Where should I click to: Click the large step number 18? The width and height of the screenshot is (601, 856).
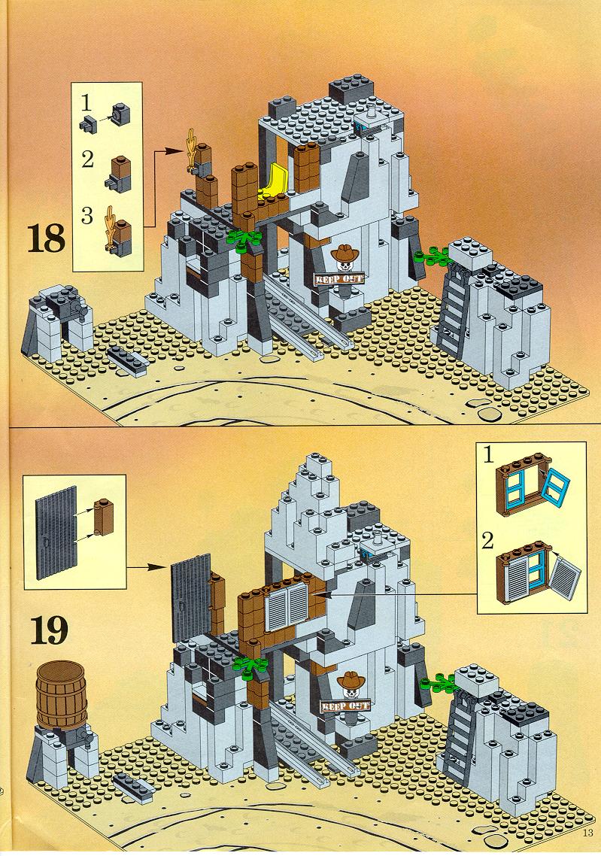click(47, 239)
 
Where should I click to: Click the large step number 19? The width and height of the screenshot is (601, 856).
click(49, 630)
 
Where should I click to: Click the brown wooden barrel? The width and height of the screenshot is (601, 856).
click(61, 694)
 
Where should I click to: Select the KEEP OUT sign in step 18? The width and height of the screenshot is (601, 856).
click(338, 278)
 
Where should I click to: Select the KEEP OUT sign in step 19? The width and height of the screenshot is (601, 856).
click(345, 706)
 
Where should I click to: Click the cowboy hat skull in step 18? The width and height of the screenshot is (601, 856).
click(344, 257)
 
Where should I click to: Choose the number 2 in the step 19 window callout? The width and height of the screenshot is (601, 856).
click(487, 541)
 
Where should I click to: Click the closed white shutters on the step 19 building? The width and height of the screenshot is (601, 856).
click(287, 605)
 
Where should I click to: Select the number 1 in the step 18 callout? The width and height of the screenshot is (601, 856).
click(85, 102)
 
